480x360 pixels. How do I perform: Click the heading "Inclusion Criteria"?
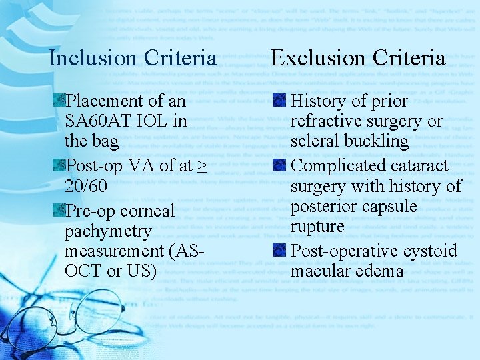[x=133, y=58]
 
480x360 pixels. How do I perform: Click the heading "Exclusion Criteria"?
[x=358, y=58]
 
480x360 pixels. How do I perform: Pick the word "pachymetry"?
[x=108, y=231]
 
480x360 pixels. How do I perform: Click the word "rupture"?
[x=317, y=227]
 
